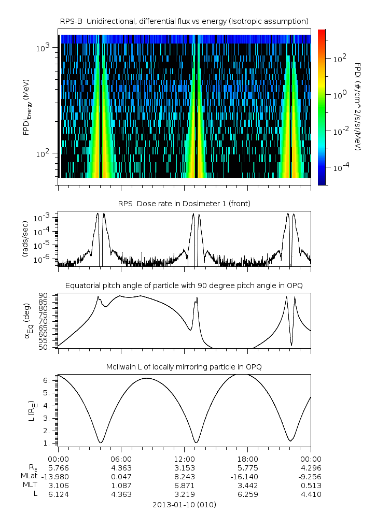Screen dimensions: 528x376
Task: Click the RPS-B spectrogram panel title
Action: click(184, 21)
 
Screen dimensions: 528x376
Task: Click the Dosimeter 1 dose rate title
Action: click(184, 204)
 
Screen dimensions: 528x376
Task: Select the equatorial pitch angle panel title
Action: click(184, 286)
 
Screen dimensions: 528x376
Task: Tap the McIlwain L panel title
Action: click(184, 367)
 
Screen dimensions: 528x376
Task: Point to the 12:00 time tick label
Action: click(184, 459)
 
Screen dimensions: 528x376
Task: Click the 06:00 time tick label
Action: click(121, 459)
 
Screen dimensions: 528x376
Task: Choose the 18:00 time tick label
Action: click(247, 459)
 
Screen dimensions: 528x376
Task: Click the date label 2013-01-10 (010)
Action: click(184, 504)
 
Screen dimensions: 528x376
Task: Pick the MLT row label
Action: click(28, 485)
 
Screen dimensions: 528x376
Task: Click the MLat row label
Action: click(27, 476)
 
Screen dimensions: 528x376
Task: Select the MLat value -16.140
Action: click(247, 476)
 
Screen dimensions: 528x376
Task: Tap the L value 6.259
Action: click(247, 494)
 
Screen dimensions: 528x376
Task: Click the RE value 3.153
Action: click(184, 467)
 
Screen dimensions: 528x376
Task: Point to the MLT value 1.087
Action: click(121, 485)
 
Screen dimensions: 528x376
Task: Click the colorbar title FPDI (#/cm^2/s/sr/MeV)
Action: click(358, 107)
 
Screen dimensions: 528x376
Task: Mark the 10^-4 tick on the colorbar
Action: click(339, 168)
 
